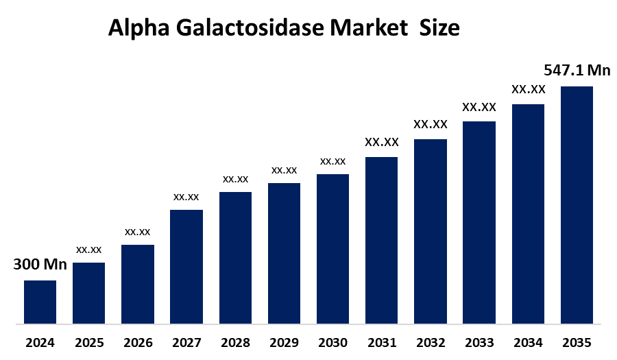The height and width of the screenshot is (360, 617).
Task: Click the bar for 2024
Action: pyautogui.click(x=40, y=302)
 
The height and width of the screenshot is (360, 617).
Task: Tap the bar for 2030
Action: pyautogui.click(x=332, y=248)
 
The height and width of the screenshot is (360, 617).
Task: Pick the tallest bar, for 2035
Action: pyautogui.click(x=577, y=204)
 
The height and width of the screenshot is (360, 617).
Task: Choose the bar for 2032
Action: pyautogui.click(x=431, y=231)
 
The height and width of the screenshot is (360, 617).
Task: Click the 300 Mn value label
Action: pyautogui.click(x=40, y=264)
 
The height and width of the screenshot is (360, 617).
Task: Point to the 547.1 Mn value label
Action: pyautogui.click(x=577, y=70)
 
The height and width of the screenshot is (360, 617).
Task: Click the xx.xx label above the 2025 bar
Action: pyautogui.click(x=88, y=249)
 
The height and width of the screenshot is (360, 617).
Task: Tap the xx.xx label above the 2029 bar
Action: pyautogui.click(x=284, y=169)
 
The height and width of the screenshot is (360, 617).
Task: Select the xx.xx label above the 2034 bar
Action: pyautogui.click(x=529, y=89)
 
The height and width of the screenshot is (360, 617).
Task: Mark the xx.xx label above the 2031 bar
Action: pyautogui.click(x=382, y=142)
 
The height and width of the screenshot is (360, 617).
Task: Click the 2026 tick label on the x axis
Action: pyautogui.click(x=137, y=342)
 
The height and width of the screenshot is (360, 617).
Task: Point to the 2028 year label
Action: pyautogui.click(x=235, y=342)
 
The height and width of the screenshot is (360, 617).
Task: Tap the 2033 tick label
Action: pyautogui.click(x=479, y=342)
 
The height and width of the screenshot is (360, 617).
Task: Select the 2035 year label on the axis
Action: pyautogui.click(x=577, y=342)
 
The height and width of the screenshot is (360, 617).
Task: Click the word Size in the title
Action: pyautogui.click(x=441, y=29)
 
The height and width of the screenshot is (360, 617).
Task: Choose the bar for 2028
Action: pyautogui.click(x=235, y=257)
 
